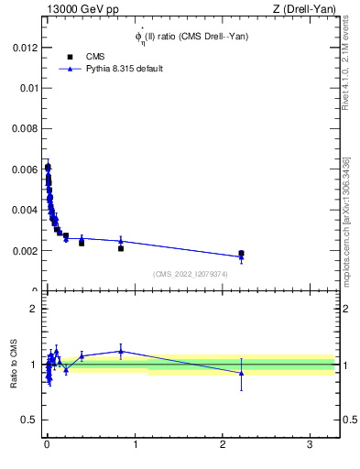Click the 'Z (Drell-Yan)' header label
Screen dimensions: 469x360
click(310, 10)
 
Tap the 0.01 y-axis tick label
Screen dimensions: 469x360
click(27, 88)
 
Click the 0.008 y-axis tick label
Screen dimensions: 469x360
click(25, 129)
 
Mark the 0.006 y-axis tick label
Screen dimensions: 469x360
click(25, 169)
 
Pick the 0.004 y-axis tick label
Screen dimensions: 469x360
click(25, 210)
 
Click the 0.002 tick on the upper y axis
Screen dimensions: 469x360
click(25, 250)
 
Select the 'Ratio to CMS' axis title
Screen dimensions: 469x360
click(13, 365)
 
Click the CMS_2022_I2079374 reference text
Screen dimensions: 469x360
click(190, 274)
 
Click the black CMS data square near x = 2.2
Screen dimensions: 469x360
click(241, 253)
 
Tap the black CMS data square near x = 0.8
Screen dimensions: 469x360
click(121, 248)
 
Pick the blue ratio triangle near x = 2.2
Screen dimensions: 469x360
click(241, 373)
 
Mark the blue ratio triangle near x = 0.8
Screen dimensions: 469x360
click(121, 351)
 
